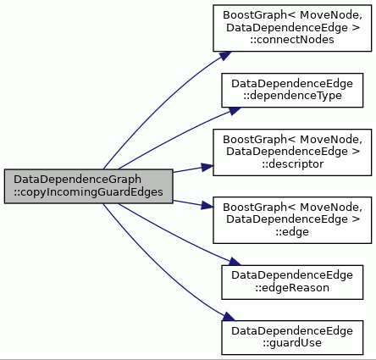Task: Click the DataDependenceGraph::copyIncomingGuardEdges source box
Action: (88, 186)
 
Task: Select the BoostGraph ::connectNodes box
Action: (292, 28)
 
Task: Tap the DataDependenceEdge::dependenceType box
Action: (292, 90)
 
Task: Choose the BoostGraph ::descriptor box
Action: (292, 152)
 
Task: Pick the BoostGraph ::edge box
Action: (292, 220)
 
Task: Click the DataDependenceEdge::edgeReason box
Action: (292, 282)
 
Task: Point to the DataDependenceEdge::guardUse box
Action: (292, 337)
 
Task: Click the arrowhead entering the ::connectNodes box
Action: (226, 55)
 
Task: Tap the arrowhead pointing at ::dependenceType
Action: (235, 110)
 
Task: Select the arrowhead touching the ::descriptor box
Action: (207, 167)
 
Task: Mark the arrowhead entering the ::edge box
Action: (207, 206)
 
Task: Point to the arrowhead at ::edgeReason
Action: (235, 262)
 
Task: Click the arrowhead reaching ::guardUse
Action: (229, 317)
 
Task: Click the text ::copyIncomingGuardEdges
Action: (88, 192)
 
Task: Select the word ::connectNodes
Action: (292, 40)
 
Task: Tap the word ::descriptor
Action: (292, 164)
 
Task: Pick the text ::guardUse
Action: (292, 343)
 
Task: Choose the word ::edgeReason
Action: (292, 288)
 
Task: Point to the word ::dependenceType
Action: (292, 96)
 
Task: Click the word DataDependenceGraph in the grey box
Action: (77, 180)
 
